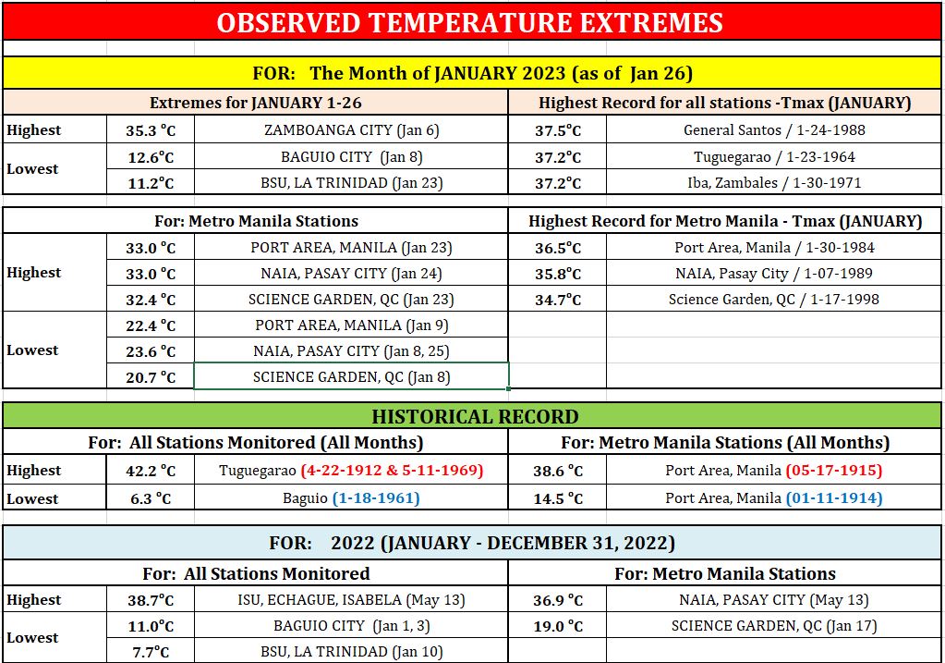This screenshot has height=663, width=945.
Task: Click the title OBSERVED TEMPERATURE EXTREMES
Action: click(469, 23)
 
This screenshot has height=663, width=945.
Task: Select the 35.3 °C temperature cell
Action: click(151, 130)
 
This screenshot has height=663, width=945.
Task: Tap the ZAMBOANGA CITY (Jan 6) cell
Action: click(351, 129)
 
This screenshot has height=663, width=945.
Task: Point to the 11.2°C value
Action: click(151, 183)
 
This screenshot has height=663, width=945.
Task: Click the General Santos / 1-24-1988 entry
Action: click(774, 129)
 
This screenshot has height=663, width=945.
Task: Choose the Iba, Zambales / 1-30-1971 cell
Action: click(774, 182)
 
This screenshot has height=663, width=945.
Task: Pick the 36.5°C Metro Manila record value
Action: click(558, 248)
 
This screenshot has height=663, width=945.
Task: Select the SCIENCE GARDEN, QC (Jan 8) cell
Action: click(351, 377)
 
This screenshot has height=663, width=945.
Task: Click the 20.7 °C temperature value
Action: click(151, 377)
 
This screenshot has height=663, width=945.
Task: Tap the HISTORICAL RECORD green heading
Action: click(475, 417)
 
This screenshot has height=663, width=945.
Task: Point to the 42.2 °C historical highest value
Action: click(151, 471)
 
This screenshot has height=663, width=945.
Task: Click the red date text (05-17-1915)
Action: click(834, 470)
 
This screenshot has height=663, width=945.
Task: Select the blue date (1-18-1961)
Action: click(376, 498)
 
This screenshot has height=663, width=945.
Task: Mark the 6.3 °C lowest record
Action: click(151, 499)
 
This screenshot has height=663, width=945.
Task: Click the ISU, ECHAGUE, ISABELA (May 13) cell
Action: click(351, 599)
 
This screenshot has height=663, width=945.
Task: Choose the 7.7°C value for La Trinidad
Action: click(151, 652)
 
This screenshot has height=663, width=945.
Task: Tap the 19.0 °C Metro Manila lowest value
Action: click(558, 626)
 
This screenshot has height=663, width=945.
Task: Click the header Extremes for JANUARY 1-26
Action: click(256, 103)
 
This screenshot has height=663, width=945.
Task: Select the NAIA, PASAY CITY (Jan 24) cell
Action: click(351, 274)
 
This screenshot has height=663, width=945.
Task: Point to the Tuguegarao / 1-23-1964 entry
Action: click(774, 157)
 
